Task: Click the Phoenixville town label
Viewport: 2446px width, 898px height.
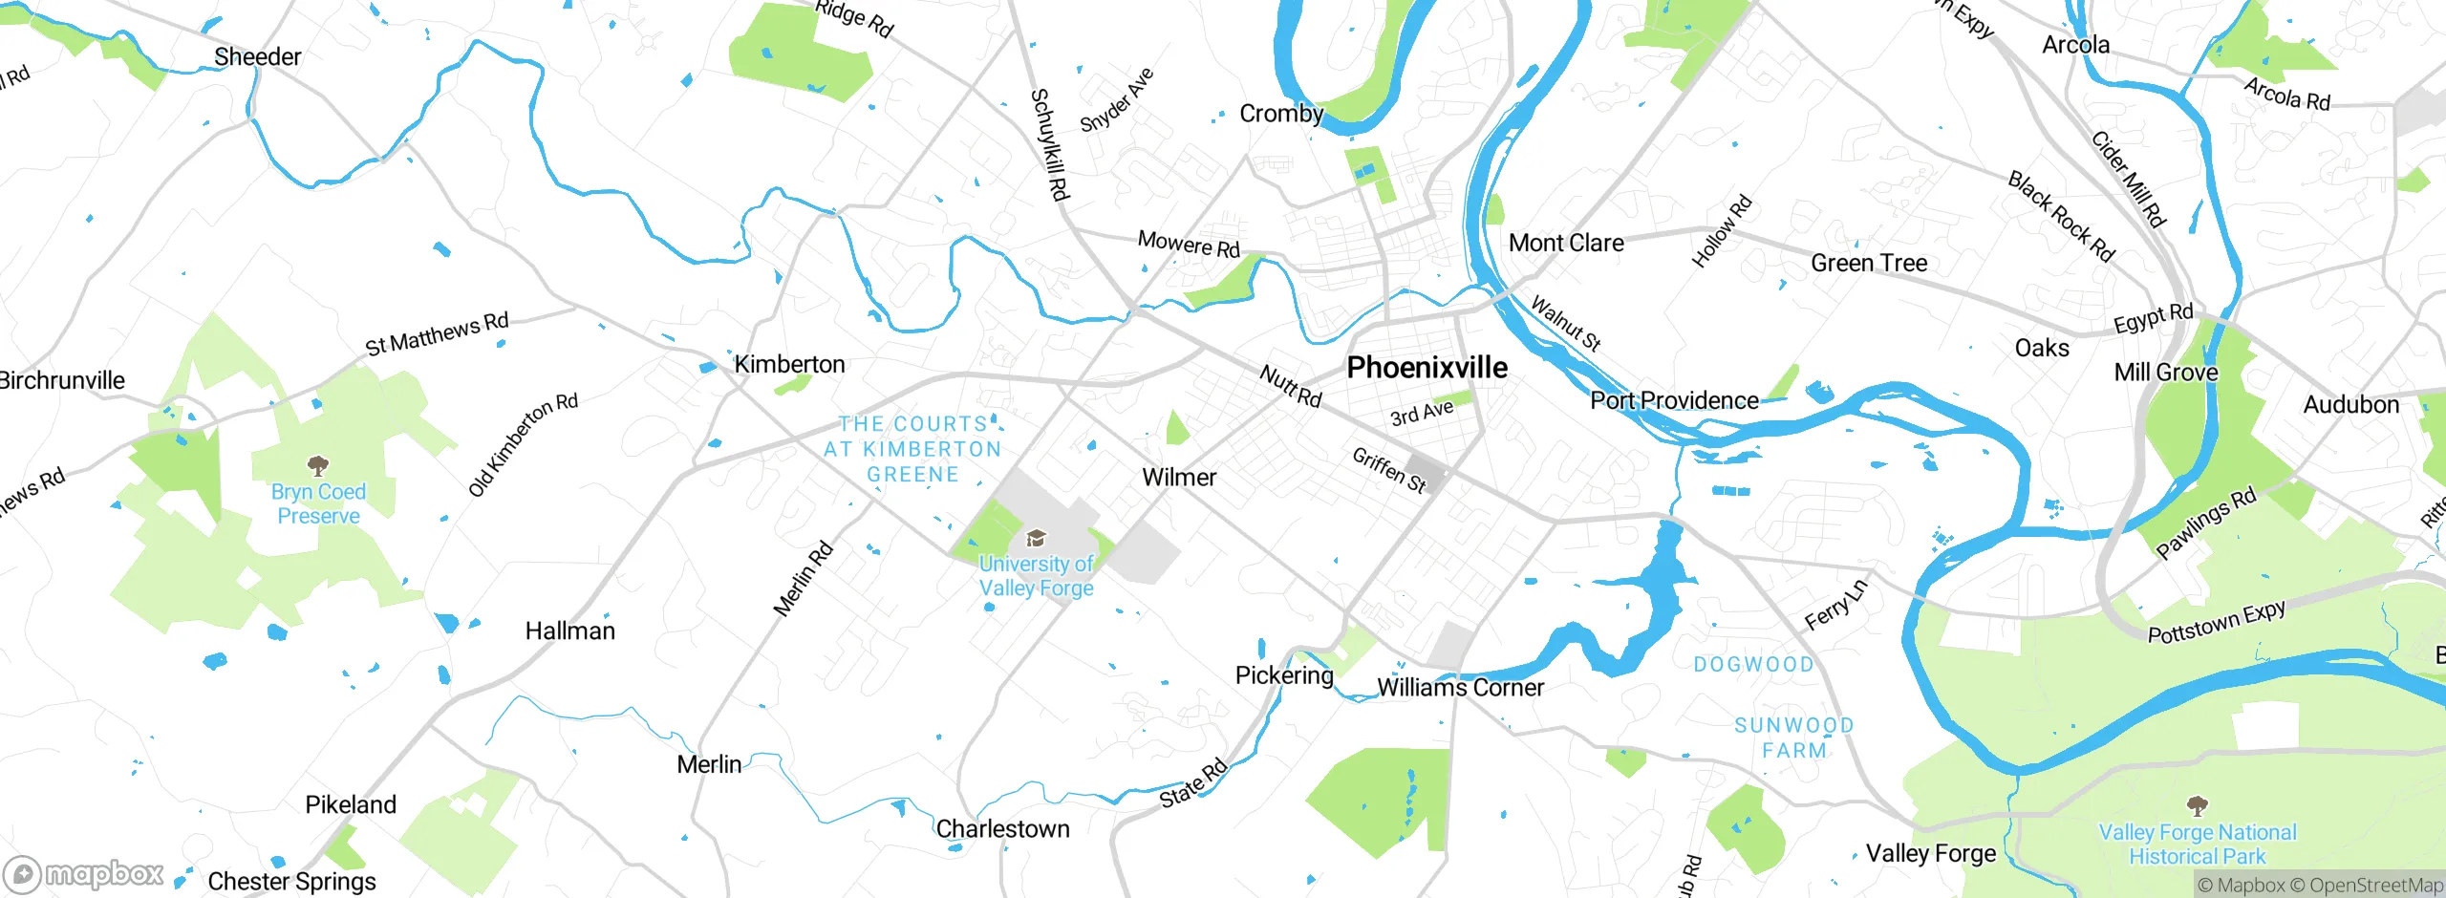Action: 1427,368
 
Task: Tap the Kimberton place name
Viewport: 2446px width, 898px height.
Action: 789,364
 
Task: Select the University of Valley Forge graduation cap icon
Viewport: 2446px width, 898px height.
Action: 1036,539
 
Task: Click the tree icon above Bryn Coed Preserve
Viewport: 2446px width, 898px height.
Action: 317,466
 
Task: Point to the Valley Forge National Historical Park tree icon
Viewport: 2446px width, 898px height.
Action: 2197,805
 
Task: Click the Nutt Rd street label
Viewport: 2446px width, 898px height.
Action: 1290,386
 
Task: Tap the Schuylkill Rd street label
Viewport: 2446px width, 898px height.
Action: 1049,144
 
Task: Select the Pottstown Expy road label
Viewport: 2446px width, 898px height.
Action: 2216,622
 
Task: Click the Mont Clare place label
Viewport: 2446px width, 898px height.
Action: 1566,244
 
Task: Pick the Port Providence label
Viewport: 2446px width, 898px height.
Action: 1674,401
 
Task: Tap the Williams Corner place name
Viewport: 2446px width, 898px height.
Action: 1460,688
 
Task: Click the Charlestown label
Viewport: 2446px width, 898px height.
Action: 1002,829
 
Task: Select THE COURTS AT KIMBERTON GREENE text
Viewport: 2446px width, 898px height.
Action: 912,449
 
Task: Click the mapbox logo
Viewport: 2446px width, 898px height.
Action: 84,874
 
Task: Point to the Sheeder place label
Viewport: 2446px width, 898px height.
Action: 257,57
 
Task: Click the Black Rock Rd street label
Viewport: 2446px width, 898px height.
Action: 2061,216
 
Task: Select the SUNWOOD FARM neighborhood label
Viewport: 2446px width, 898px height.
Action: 1794,738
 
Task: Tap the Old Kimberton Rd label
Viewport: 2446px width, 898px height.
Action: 523,445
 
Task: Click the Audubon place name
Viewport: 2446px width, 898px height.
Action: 2350,405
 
